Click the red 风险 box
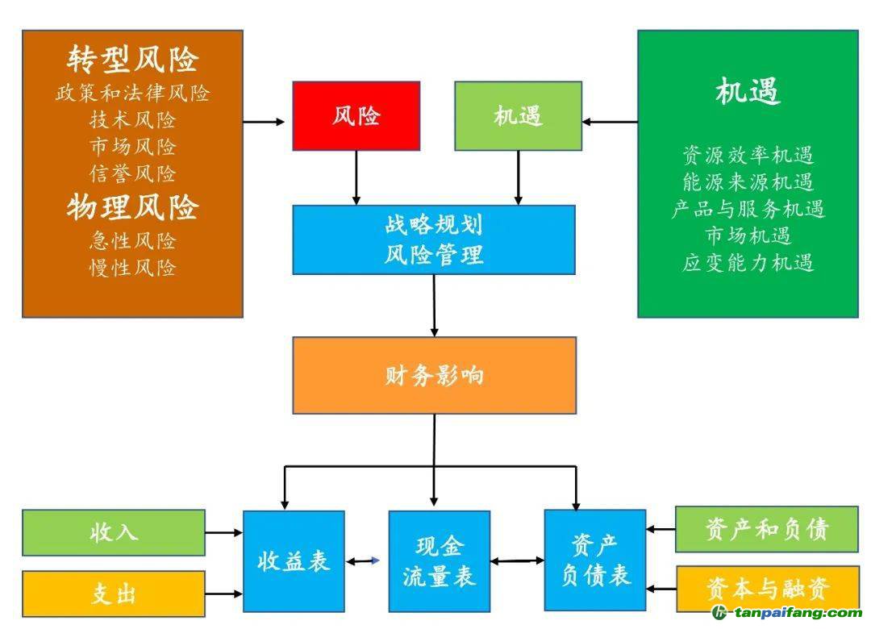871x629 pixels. click(356, 116)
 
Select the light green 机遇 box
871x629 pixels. click(518, 116)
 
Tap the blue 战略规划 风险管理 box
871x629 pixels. click(434, 240)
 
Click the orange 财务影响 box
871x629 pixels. click(434, 375)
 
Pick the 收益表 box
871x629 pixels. click(294, 560)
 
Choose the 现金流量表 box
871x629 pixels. click(439, 560)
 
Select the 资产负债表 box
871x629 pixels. click(595, 560)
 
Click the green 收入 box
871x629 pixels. click(114, 532)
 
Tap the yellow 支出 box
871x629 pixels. click(114, 594)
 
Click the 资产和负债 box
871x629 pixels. click(766, 529)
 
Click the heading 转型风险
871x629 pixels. click(133, 59)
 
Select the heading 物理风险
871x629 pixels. click(133, 207)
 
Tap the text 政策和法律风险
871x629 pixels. click(133, 94)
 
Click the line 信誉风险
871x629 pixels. click(133, 173)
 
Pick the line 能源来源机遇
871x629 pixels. click(748, 182)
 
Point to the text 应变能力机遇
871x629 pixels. click(748, 263)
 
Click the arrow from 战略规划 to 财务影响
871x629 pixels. click(435, 305)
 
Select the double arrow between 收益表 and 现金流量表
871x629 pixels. click(364, 560)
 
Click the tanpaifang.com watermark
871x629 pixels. click(786, 614)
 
